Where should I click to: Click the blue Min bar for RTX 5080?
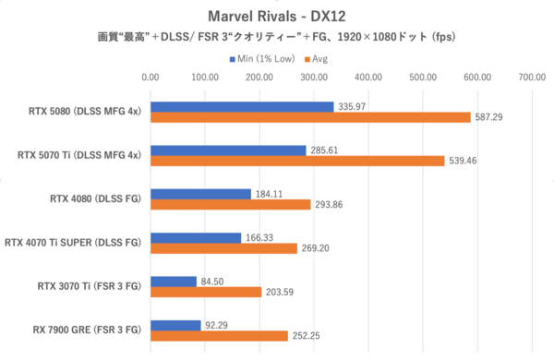[242, 106]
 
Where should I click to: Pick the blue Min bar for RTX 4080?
[200, 194]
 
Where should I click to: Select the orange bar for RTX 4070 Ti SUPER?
[224, 248]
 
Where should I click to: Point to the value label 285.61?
[325, 150]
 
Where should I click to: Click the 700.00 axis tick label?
[533, 78]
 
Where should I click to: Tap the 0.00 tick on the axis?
[151, 78]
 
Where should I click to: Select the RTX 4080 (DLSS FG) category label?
[96, 198]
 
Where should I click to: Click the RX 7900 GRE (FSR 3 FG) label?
[88, 330]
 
